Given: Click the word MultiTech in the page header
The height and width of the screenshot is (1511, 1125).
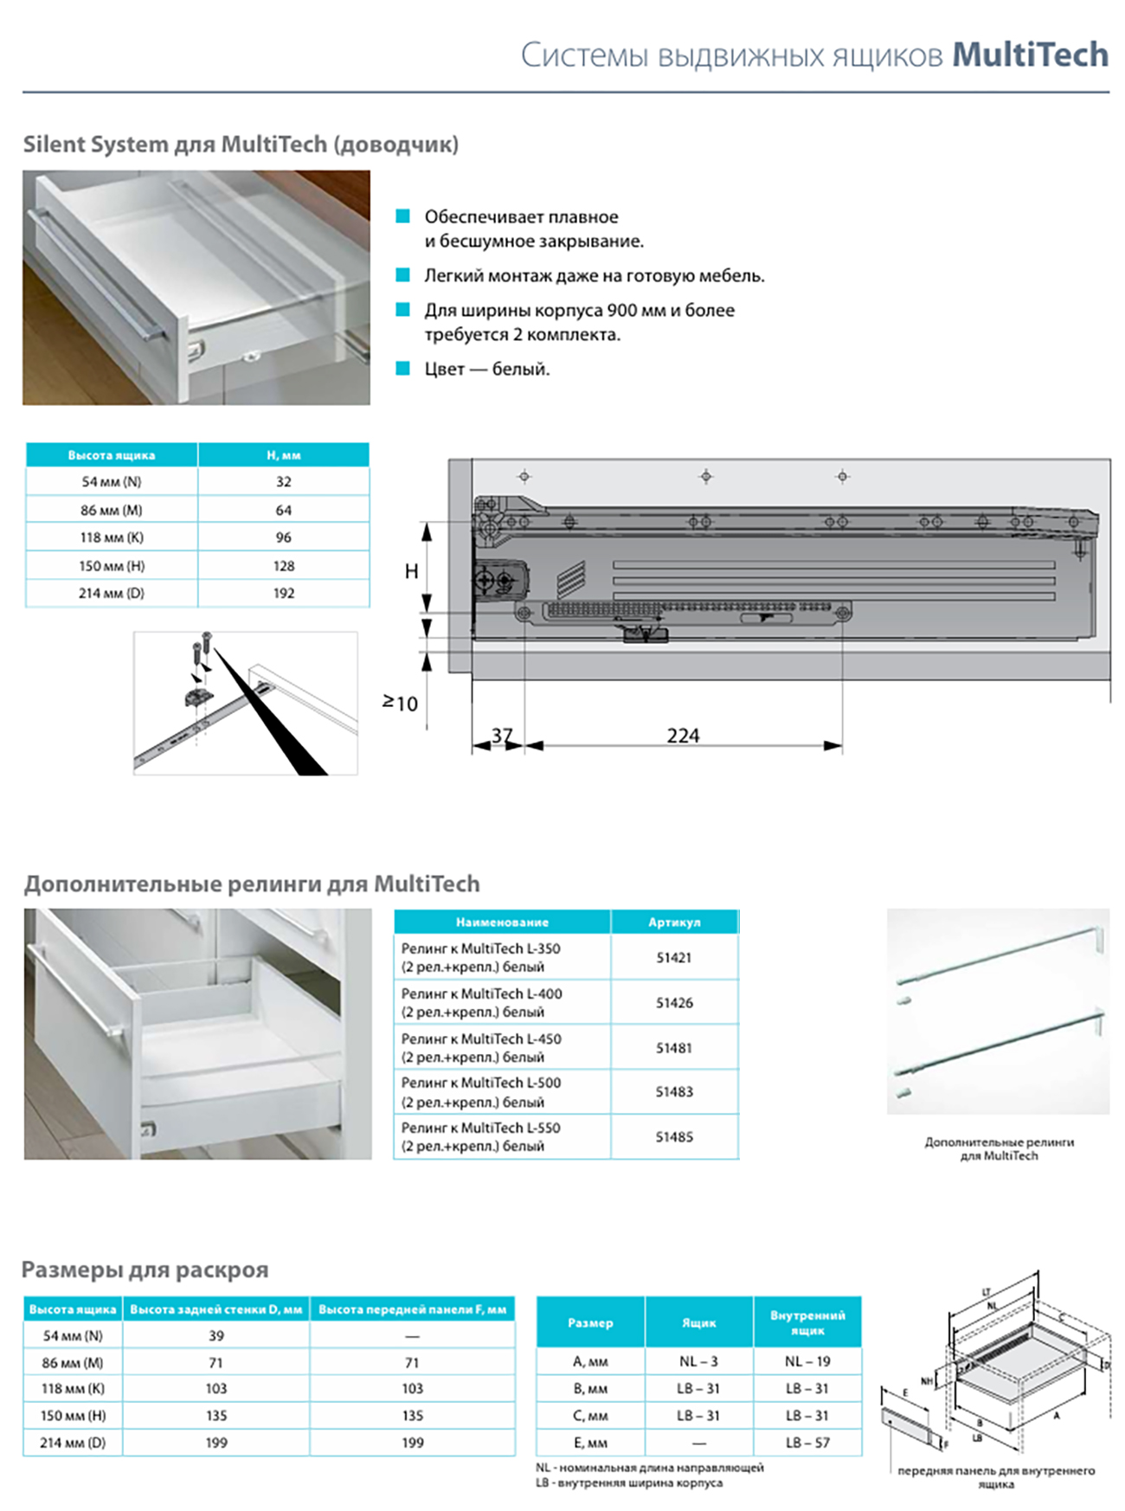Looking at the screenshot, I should coord(1030,55).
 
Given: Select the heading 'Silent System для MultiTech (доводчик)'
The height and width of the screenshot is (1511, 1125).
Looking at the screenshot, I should coord(241,144).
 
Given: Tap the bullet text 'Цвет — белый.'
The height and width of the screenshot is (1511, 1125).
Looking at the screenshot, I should coord(486,369).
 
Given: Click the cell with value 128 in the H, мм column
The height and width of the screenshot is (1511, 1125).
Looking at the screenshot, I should coord(284,566).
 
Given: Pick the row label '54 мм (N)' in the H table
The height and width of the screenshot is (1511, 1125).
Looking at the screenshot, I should coord(112,482).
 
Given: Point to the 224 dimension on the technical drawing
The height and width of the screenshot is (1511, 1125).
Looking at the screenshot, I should coord(683,736).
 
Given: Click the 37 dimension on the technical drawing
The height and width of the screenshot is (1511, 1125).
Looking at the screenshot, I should coord(502,736).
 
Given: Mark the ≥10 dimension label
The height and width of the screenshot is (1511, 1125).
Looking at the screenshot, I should coord(401,703).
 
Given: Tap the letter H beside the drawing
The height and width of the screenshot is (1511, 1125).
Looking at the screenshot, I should coord(411,571).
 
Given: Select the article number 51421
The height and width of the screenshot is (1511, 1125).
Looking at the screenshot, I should coord(674,958).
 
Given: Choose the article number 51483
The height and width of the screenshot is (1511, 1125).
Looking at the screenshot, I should coord(674,1092).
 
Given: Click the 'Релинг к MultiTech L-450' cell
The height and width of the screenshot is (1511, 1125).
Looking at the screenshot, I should coord(481,1047).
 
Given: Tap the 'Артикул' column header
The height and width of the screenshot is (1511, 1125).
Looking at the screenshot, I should coord(674,923).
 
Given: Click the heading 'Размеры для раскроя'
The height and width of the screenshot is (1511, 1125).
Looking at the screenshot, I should coord(145,1270).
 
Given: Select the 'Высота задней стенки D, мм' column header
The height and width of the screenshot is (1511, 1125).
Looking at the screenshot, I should coord(215,1309).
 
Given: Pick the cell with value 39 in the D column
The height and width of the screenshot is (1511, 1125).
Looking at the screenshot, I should coord(215,1336).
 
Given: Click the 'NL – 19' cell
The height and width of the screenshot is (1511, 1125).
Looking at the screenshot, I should coord(807,1361).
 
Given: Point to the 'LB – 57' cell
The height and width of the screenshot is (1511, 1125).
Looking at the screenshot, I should coord(807,1443).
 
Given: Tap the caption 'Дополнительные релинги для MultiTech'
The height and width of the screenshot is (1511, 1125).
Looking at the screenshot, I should coord(999,1148).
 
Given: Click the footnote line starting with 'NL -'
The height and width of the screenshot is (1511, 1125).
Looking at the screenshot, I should coord(649,1468).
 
